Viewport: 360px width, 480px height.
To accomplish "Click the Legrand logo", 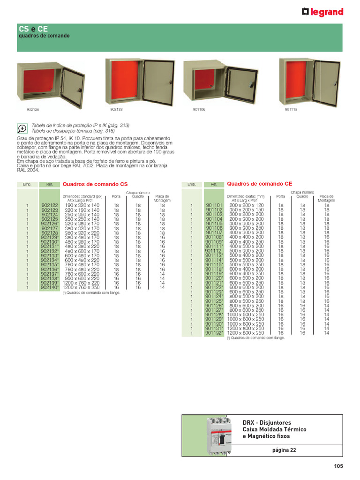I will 322,12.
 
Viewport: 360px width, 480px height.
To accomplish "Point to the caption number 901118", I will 291,109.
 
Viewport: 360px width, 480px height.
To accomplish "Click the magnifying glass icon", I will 22,128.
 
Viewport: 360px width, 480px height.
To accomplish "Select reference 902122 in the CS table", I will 49,205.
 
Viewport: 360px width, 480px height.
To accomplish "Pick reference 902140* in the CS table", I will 50,287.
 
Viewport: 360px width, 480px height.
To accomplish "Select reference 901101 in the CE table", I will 214,205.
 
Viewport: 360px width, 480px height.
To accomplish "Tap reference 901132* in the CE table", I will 214,333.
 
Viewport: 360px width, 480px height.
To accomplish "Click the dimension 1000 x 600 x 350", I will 246,324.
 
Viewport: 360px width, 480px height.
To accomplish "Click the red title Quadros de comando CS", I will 95,185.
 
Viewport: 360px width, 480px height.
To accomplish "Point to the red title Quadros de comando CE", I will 259,184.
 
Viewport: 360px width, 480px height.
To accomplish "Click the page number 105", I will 338,466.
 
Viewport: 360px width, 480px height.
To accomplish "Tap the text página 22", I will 284,450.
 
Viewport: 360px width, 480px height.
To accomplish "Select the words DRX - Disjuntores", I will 267,422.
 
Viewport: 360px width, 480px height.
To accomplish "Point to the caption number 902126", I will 33,109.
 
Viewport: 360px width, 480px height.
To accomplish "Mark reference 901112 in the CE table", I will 213,251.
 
